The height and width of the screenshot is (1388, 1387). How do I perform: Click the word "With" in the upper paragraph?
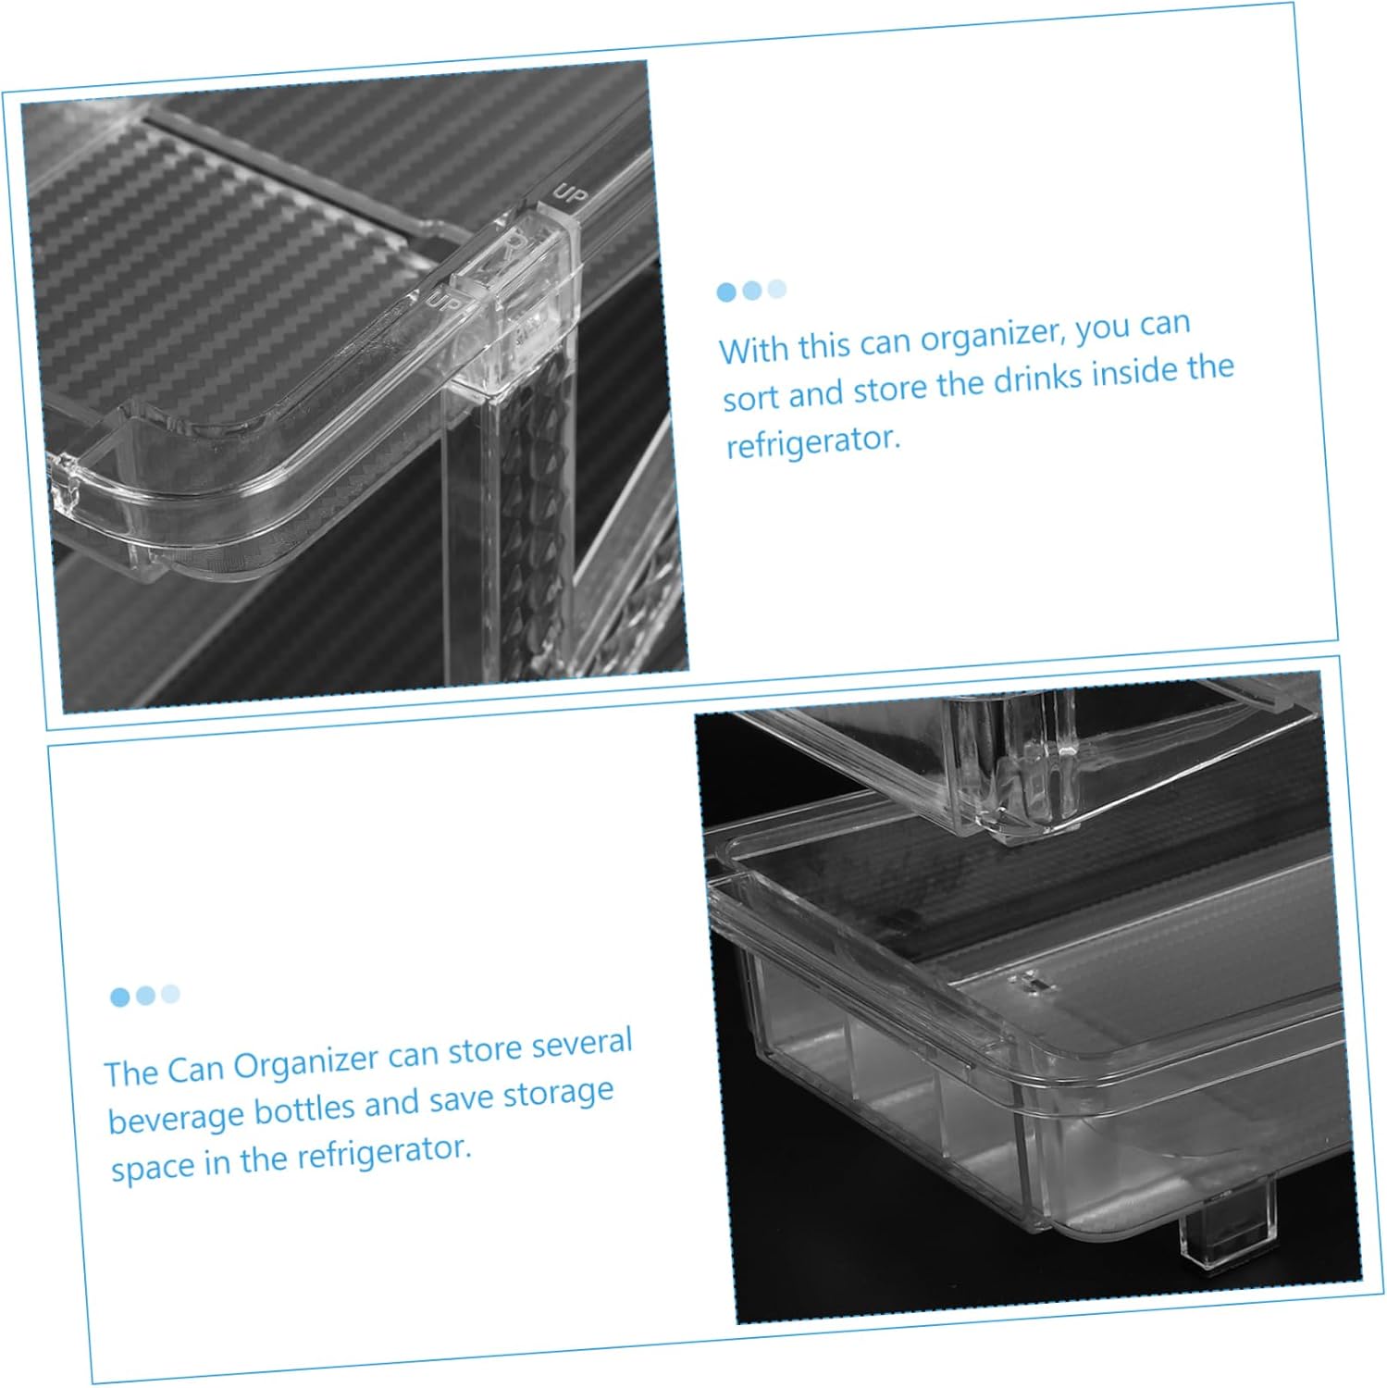pyautogui.click(x=754, y=350)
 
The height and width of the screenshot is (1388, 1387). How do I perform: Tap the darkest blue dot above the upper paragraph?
pyautogui.click(x=726, y=292)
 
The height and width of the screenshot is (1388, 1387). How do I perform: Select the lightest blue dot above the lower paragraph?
pyautogui.click(x=170, y=994)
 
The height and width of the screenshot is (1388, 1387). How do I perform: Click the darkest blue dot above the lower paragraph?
pyautogui.click(x=119, y=998)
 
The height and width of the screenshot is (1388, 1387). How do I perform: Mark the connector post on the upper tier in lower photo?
pyautogui.click(x=1018, y=759)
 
